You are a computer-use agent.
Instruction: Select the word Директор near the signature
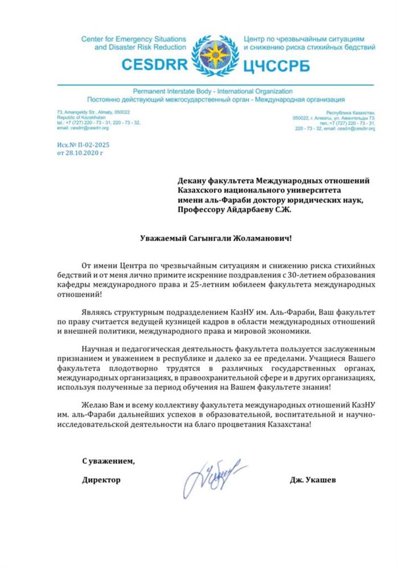pyautogui.click(x=101, y=480)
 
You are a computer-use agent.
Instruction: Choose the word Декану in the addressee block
pyautogui.click(x=191, y=180)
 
